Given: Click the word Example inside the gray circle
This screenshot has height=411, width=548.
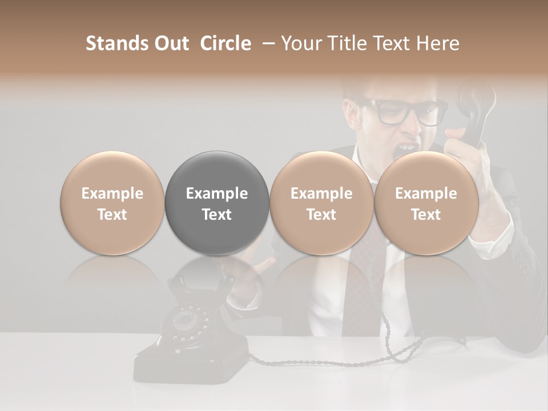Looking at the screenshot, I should click(x=217, y=194).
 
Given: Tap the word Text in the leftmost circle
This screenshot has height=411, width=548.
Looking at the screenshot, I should click(x=112, y=215).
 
